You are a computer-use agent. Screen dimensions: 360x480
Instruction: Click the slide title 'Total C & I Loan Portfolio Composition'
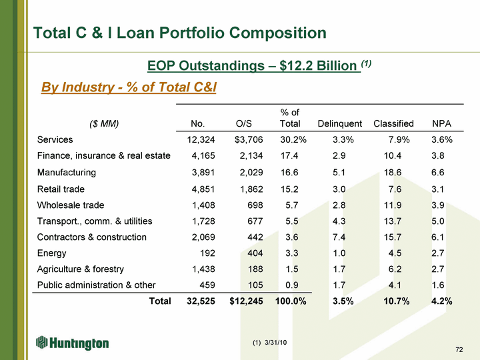(180, 33)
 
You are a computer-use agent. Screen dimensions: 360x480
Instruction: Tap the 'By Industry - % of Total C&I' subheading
(129, 87)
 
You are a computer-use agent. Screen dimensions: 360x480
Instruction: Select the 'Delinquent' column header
(340, 123)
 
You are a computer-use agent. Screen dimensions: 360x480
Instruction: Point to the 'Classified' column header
(393, 123)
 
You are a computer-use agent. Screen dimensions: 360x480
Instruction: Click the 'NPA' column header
(442, 123)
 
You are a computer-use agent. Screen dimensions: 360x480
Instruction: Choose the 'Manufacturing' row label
(67, 172)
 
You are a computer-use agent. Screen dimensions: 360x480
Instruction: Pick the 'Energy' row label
(52, 253)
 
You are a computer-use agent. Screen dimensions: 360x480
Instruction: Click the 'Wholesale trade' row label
(71, 205)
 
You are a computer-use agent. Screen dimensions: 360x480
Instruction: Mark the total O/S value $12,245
(245, 301)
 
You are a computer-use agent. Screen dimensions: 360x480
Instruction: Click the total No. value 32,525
(197, 301)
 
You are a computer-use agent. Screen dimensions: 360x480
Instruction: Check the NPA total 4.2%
(442, 301)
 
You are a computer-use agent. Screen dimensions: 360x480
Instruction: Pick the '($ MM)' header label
(103, 123)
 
